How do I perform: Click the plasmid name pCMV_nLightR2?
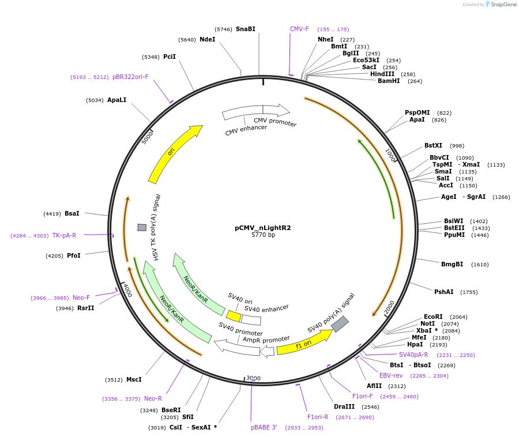262,228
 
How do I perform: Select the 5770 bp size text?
263,235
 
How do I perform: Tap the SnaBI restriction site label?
245,29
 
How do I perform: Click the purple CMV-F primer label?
299,29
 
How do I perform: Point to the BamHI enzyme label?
389,81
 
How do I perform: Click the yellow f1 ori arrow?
303,344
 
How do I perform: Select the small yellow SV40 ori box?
234,316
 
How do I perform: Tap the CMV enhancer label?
246,130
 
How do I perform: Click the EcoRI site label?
433,317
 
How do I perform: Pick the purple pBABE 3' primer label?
264,427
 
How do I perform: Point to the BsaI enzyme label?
72,213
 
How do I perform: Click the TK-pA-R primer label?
64,235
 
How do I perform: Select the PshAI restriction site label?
443,292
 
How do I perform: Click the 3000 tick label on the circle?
254,378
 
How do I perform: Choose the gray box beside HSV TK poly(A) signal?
142,228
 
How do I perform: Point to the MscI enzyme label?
134,379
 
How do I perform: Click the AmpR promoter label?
266,340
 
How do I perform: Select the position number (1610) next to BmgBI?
480,264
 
